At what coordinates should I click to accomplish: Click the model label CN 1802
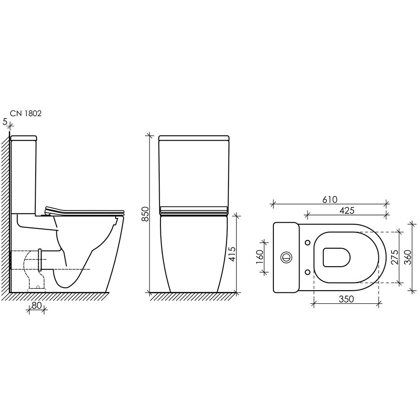[26, 113]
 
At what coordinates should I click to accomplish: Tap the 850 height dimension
[145, 214]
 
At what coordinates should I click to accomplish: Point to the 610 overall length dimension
[329, 199]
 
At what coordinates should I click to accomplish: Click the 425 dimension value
[347, 210]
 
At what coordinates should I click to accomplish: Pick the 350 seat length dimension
[346, 299]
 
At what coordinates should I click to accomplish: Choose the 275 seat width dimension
[394, 257]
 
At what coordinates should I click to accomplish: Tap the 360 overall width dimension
[407, 257]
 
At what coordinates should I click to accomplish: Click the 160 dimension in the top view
[260, 257]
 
